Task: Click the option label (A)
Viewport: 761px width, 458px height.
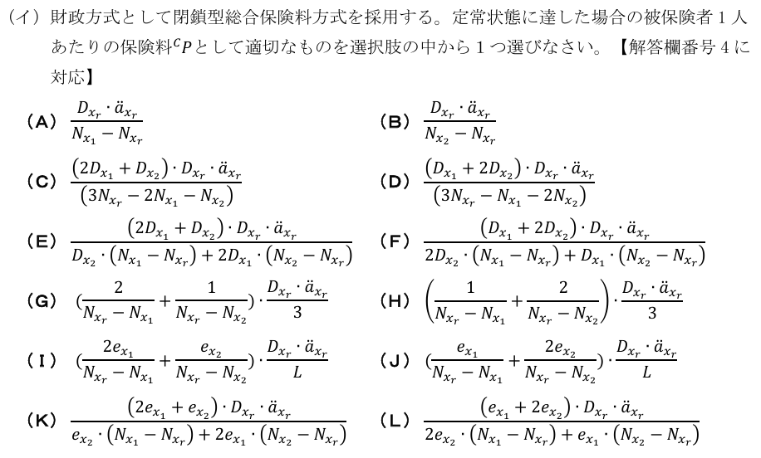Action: [x=41, y=122]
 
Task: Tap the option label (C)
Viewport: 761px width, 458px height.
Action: [x=41, y=182]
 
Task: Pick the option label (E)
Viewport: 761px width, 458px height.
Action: [x=41, y=241]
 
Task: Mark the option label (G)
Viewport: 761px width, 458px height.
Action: [x=41, y=300]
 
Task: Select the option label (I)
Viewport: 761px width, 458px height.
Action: [x=41, y=360]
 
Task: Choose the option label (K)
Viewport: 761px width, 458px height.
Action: [x=41, y=419]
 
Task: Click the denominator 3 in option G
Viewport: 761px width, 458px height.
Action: [x=297, y=314]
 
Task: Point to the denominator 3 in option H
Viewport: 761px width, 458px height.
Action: [x=651, y=314]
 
